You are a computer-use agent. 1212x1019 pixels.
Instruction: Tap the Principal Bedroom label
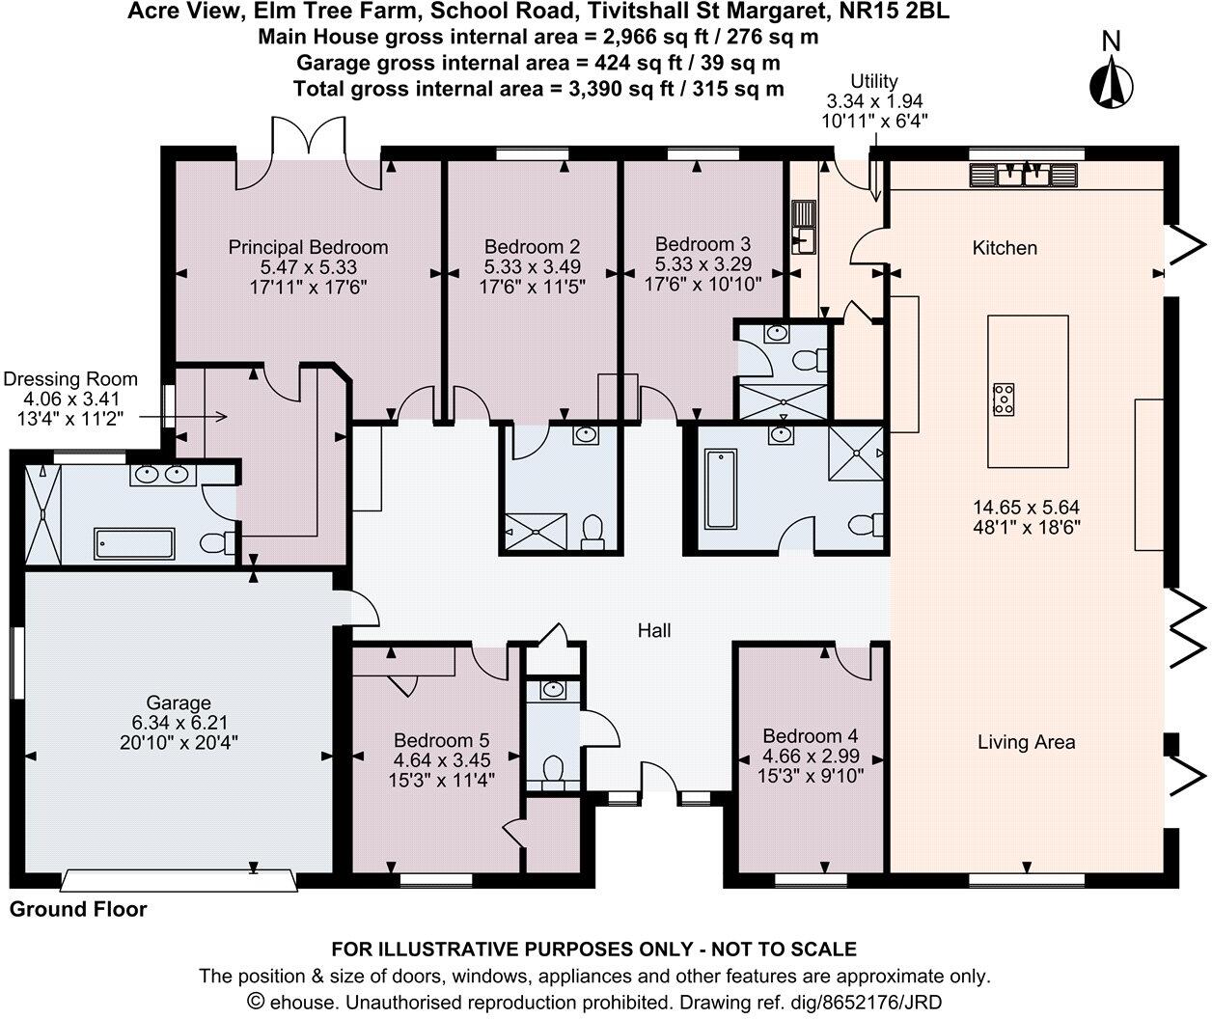308,248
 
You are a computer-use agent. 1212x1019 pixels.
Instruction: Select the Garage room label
179,703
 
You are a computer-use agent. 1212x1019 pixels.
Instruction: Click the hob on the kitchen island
1004,399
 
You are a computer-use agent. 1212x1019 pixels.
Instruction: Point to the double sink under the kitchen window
1022,175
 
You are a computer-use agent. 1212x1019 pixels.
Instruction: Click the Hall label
654,630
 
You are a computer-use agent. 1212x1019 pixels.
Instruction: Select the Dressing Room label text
71,379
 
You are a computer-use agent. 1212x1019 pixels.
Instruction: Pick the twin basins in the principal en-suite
162,475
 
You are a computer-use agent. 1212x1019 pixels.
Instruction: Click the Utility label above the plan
874,81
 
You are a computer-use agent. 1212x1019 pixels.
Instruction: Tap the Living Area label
1026,742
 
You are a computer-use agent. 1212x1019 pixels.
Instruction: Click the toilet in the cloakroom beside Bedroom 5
553,773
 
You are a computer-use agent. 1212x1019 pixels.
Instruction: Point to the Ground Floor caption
78,909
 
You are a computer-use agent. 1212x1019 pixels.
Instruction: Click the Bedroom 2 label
532,248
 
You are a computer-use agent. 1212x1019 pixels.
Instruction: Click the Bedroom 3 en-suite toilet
806,360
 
